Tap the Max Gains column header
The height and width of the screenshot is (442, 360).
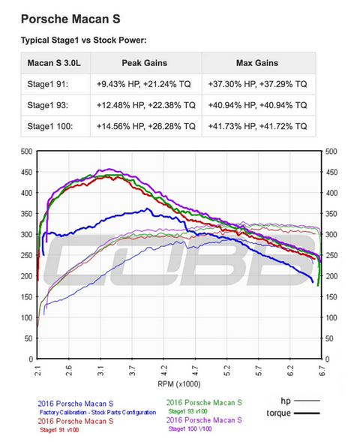[256, 63]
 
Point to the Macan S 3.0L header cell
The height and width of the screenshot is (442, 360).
[54, 63]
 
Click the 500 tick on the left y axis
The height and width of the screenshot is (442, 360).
[26, 152]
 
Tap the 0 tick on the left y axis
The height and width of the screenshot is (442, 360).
[30, 359]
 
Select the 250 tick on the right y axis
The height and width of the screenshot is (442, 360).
[331, 255]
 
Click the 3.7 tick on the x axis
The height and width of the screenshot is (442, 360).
[132, 371]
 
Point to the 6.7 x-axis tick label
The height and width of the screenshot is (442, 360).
[321, 371]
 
